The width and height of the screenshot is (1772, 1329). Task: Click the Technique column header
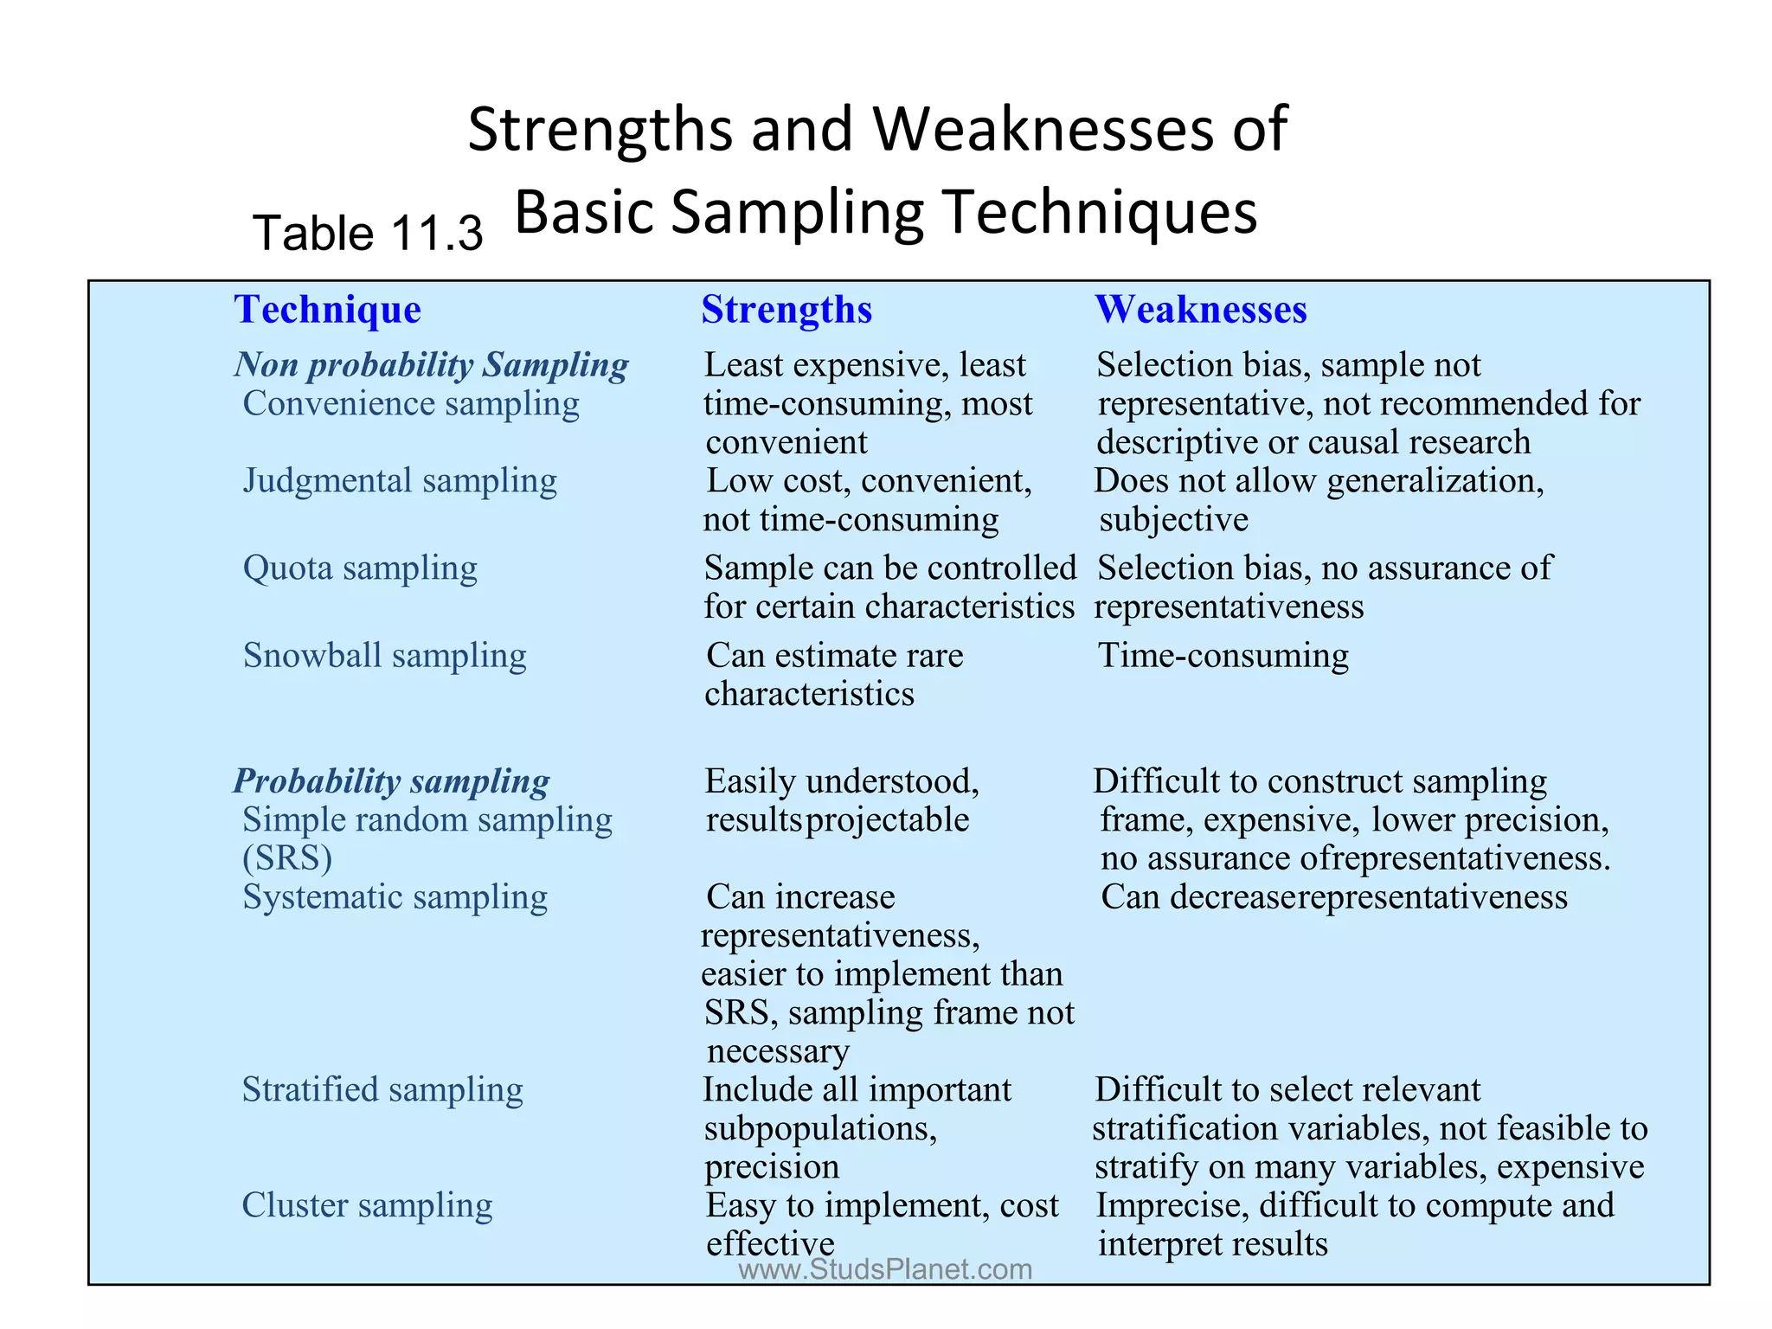pyautogui.click(x=328, y=310)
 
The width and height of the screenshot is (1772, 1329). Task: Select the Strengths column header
pyautogui.click(x=786, y=310)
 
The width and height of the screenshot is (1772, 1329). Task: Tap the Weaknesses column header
pyautogui.click(x=1201, y=310)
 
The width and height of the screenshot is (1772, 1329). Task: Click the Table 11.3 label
pyautogui.click(x=368, y=234)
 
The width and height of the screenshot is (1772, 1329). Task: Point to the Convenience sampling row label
pyautogui.click(x=411, y=404)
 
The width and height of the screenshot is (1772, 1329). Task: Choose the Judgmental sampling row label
pyautogui.click(x=400, y=481)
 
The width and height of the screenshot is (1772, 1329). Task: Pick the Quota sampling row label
pyautogui.click(x=360, y=568)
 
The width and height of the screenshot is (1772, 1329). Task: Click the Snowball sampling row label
pyautogui.click(x=384, y=656)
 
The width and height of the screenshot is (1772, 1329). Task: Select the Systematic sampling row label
pyautogui.click(x=395, y=897)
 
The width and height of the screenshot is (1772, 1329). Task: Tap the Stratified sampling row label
pyautogui.click(x=382, y=1090)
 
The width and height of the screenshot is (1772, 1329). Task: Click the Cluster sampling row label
pyautogui.click(x=367, y=1205)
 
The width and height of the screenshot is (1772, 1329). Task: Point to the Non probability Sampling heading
pyautogui.click(x=431, y=365)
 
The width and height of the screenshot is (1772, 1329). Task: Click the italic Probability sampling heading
pyautogui.click(x=391, y=781)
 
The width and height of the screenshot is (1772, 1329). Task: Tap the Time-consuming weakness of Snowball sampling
pyautogui.click(x=1223, y=656)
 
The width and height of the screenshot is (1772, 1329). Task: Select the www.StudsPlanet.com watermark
pyautogui.click(x=885, y=1269)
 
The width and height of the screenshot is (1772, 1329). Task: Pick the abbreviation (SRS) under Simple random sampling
pyautogui.click(x=287, y=858)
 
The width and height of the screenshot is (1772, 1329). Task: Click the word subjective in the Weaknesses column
pyautogui.click(x=1173, y=520)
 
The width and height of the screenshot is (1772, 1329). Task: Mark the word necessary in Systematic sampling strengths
pyautogui.click(x=778, y=1051)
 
